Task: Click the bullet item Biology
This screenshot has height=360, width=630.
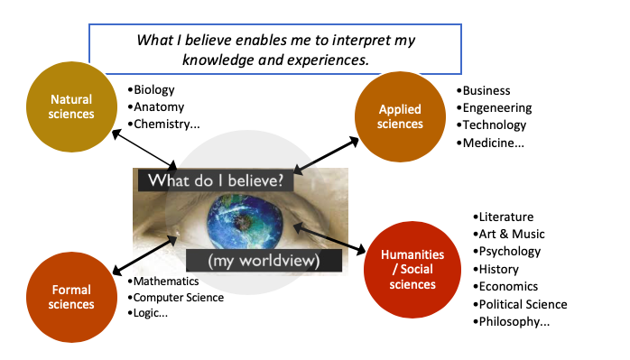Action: click(x=153, y=89)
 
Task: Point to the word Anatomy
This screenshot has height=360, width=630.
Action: click(x=158, y=106)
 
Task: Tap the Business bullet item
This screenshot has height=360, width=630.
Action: click(x=487, y=90)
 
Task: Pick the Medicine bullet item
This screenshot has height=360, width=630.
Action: click(x=496, y=143)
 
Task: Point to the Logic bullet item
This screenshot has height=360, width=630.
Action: click(x=152, y=313)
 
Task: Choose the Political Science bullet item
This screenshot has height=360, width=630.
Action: click(x=523, y=304)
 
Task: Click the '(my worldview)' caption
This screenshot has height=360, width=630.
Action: click(x=264, y=261)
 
